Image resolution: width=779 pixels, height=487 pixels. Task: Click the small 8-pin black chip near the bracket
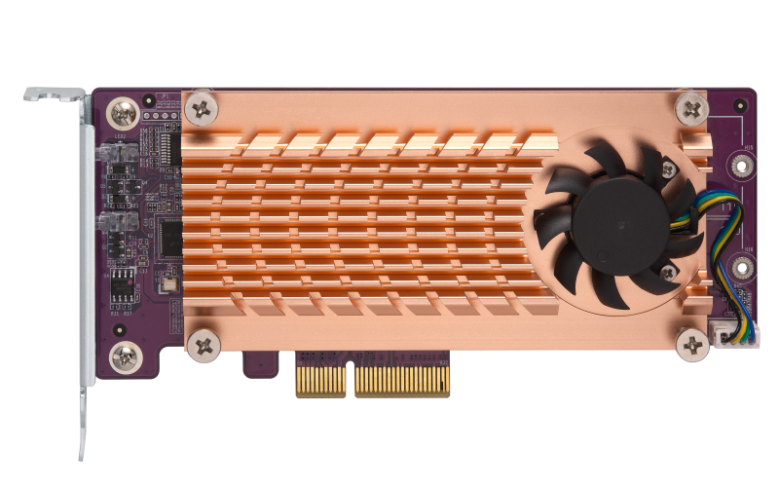(123, 284)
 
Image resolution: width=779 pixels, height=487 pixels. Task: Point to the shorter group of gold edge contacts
(321, 380)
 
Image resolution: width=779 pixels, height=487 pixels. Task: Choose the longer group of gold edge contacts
(401, 380)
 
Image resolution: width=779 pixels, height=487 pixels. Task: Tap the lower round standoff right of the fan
(742, 265)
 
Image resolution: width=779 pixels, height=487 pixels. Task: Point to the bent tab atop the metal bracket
(55, 95)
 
